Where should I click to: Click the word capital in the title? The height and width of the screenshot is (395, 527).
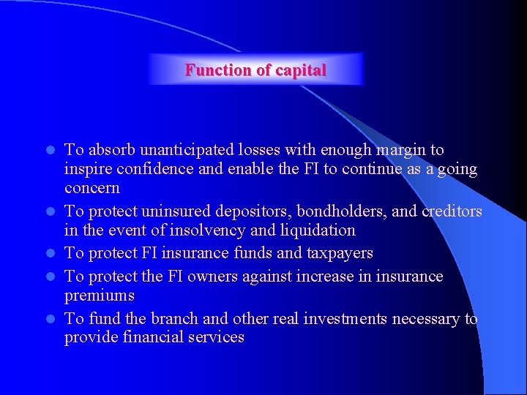[x=300, y=70]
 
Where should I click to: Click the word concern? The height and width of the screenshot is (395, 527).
[x=92, y=188]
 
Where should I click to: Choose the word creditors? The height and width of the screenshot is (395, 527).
[x=452, y=211]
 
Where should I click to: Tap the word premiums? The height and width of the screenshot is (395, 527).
[x=100, y=296]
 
